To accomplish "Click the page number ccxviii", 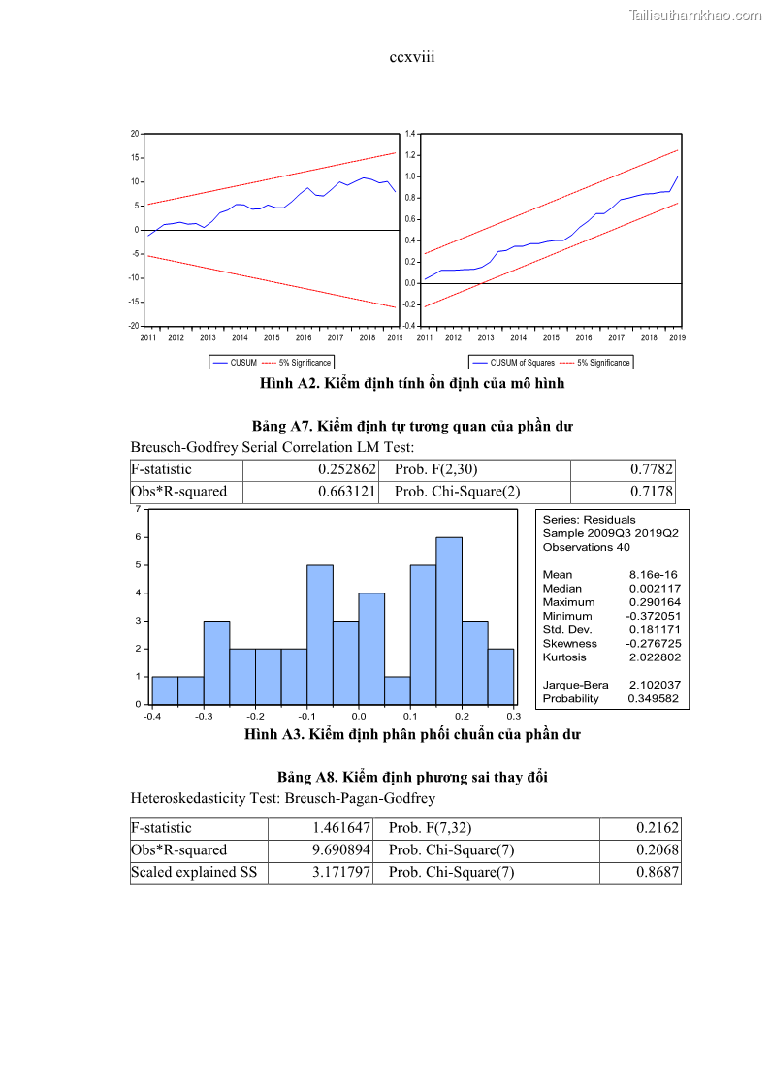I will [412, 58].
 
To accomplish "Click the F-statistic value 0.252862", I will [347, 469].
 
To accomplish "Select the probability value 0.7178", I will [651, 492].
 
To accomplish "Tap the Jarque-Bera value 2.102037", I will [654, 686].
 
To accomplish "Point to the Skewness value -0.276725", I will [653, 644].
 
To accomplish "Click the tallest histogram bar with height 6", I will [449, 621].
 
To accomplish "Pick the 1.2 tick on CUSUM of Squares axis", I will [410, 155].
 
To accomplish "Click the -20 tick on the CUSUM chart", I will [134, 326].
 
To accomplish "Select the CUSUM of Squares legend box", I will [551, 363].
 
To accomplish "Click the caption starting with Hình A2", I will [412, 384].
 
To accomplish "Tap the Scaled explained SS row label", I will [195, 873].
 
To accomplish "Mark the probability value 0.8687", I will [658, 873].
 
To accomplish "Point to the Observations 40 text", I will [587, 548].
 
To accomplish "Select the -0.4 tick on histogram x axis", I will [152, 717].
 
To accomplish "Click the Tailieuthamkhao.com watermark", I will [695, 16].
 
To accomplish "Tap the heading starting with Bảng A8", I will [412, 778].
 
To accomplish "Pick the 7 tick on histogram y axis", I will [139, 509].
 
